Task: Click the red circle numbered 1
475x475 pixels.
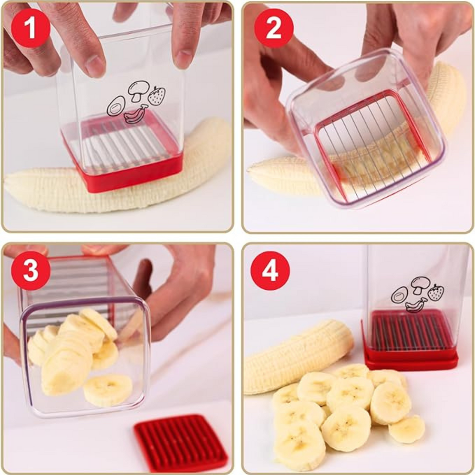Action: [x=31, y=28]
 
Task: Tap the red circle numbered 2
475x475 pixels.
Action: [x=274, y=28]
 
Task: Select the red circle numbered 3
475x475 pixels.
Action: [x=31, y=270]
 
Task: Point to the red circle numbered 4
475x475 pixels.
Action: [x=270, y=270]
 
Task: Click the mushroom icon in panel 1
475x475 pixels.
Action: [x=138, y=90]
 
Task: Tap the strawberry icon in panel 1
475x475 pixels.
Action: [x=157, y=95]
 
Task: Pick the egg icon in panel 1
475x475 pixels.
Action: [x=116, y=106]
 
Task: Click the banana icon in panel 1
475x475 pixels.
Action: [x=135, y=114]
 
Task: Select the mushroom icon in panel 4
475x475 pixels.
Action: [x=420, y=285]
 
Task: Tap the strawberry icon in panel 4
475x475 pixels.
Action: [x=436, y=292]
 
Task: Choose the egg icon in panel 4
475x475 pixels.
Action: [x=400, y=295]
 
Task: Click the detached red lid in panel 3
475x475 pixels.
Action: [x=181, y=443]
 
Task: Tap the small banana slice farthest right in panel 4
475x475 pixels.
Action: [x=406, y=429]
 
